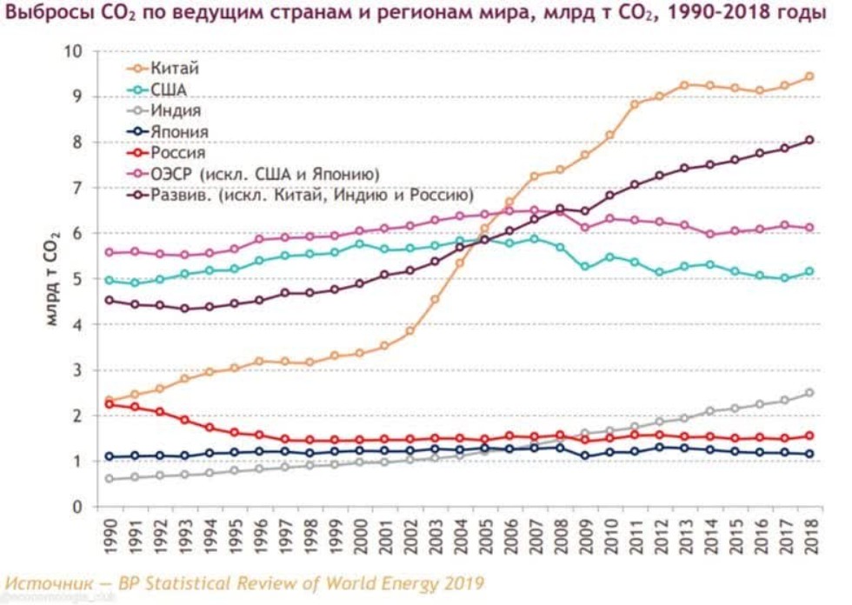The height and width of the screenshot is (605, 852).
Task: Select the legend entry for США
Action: [169, 89]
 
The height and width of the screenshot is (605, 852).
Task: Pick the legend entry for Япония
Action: [178, 132]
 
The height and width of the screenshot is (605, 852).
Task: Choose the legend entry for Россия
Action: [177, 153]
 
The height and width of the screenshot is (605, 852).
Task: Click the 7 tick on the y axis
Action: [77, 188]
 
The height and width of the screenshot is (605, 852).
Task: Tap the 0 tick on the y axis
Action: [77, 507]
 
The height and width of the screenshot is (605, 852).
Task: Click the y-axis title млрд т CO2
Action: [51, 279]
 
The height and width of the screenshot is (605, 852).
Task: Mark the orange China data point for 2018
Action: [809, 76]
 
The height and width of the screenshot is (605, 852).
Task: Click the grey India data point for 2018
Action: [809, 393]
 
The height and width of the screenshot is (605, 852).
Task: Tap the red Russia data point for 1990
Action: [109, 404]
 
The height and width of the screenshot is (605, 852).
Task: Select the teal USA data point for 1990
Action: [109, 280]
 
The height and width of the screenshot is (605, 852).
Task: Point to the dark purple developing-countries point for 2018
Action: [809, 140]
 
